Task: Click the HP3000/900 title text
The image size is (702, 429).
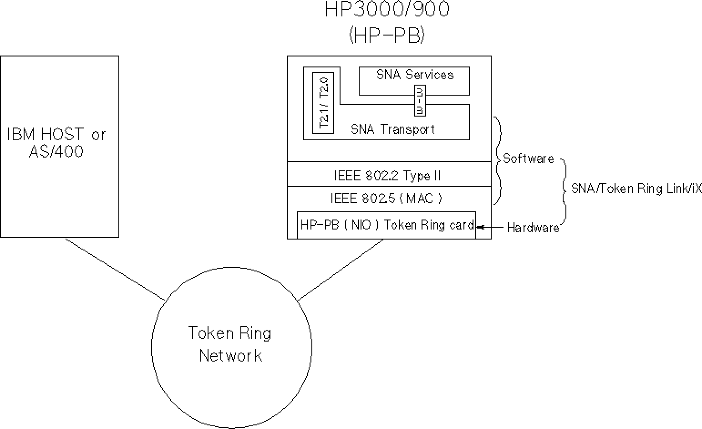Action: click(387, 10)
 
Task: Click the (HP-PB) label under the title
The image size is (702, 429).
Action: click(387, 36)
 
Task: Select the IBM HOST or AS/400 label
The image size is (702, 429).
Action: click(56, 143)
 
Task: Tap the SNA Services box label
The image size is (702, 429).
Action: click(415, 75)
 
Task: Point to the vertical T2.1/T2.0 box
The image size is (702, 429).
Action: click(323, 102)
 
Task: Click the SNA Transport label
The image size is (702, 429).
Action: click(393, 129)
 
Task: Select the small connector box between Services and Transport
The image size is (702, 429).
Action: click(419, 101)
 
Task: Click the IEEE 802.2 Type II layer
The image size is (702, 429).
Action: click(387, 175)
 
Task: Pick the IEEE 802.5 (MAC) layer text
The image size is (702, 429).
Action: click(386, 199)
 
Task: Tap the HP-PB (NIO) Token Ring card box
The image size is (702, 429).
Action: click(387, 225)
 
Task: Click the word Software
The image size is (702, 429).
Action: click(529, 159)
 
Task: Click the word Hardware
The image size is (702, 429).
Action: click(533, 228)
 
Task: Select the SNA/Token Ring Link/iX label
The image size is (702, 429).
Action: click(636, 189)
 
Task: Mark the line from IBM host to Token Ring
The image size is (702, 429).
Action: click(115, 269)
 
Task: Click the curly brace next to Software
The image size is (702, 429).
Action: click(499, 159)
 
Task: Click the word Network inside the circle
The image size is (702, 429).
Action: click(231, 356)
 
